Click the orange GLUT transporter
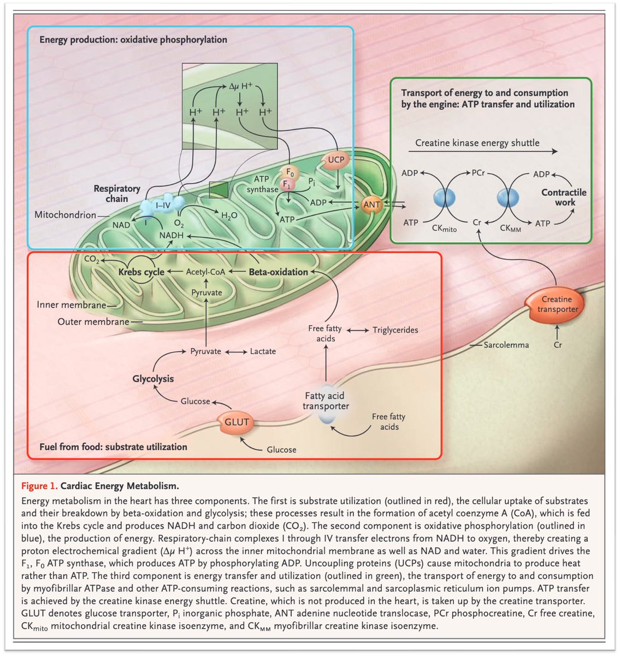pyautogui.click(x=237, y=423)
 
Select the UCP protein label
pyautogui.click(x=336, y=160)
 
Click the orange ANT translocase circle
pyautogui.click(x=371, y=204)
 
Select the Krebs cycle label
pyautogui.click(x=141, y=272)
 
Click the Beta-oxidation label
pyautogui.click(x=279, y=272)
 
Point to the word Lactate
pyautogui.click(x=263, y=352)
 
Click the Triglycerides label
pyautogui.click(x=395, y=330)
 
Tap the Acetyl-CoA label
pyautogui.click(x=205, y=272)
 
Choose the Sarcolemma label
pyautogui.click(x=506, y=345)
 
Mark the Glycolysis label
pyautogui.click(x=153, y=379)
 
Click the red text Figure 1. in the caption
pyautogui.click(x=39, y=486)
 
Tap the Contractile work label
pyautogui.click(x=564, y=197)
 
